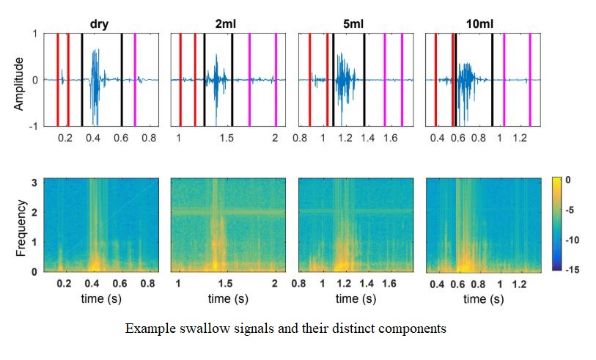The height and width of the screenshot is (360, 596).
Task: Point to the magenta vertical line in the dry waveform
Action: click(134, 80)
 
